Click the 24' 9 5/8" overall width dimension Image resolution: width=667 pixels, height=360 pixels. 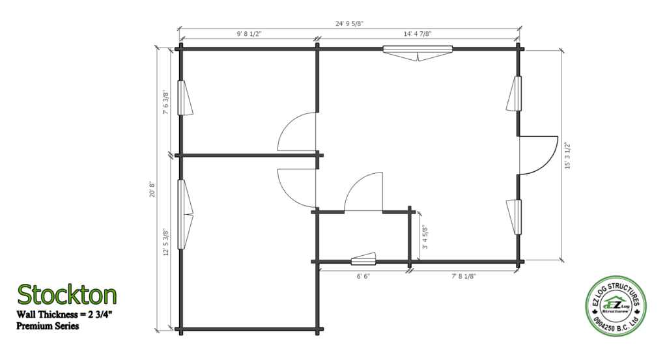349,24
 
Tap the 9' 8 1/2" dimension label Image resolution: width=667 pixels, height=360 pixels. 249,34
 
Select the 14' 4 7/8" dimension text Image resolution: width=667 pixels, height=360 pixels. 418,34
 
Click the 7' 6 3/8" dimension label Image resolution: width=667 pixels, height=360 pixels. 166,102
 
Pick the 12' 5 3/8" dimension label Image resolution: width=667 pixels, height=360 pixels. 166,242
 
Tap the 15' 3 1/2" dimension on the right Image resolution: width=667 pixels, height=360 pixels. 568,155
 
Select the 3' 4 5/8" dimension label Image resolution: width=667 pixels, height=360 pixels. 425,237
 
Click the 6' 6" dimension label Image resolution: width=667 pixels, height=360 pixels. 363,276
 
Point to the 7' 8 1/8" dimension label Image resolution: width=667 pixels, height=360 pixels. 464,276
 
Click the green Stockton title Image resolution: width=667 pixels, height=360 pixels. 67,294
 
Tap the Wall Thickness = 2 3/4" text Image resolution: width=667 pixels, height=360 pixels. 64,315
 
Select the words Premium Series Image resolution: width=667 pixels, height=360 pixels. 48,326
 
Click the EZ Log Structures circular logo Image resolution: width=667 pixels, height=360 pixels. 615,305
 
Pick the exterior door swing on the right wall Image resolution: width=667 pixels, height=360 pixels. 537,155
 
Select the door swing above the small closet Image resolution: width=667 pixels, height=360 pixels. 363,191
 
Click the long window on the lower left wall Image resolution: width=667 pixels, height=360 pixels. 185,214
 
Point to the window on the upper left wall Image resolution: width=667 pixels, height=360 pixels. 184,98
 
